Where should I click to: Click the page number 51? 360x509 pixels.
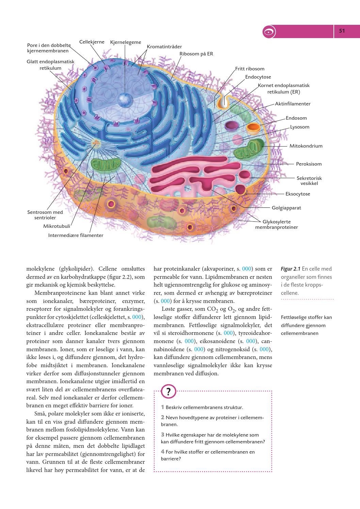[x=342, y=31]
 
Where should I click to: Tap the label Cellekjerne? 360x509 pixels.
[x=92, y=42]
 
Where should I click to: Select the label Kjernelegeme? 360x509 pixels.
[x=126, y=43]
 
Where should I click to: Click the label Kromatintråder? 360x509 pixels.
[x=164, y=47]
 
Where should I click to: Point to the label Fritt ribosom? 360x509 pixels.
[x=250, y=69]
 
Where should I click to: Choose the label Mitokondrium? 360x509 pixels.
[x=306, y=146]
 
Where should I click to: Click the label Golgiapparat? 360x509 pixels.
[x=286, y=208]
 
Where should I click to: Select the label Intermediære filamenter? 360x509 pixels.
[x=76, y=235]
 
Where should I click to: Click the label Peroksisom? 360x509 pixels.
[x=309, y=164]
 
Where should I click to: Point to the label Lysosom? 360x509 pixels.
[x=299, y=127]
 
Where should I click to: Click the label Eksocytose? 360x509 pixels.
[x=298, y=194]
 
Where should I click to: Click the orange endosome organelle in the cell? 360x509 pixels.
[x=253, y=128]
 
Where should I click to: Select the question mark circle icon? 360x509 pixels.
[x=169, y=391]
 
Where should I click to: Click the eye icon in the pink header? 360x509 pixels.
[x=269, y=32]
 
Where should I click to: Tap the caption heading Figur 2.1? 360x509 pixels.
[x=290, y=269]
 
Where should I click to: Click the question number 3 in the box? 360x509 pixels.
[x=163, y=435]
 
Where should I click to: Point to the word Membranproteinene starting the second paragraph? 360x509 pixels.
[x=55, y=293]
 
